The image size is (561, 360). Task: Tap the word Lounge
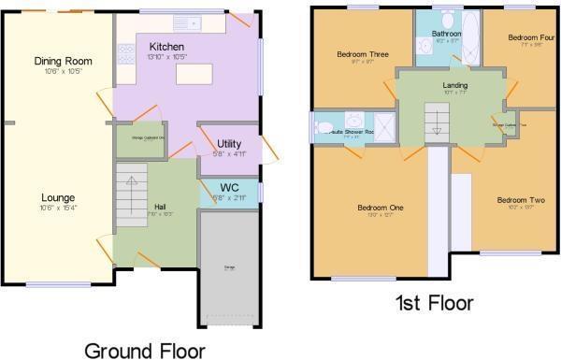point(58,197)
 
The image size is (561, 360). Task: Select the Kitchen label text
point(165,46)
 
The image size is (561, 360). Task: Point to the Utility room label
point(217,143)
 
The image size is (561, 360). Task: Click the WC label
point(229,187)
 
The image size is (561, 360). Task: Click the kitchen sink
point(194,21)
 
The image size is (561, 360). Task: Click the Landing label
point(455,86)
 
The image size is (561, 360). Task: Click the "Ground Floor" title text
point(145,350)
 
